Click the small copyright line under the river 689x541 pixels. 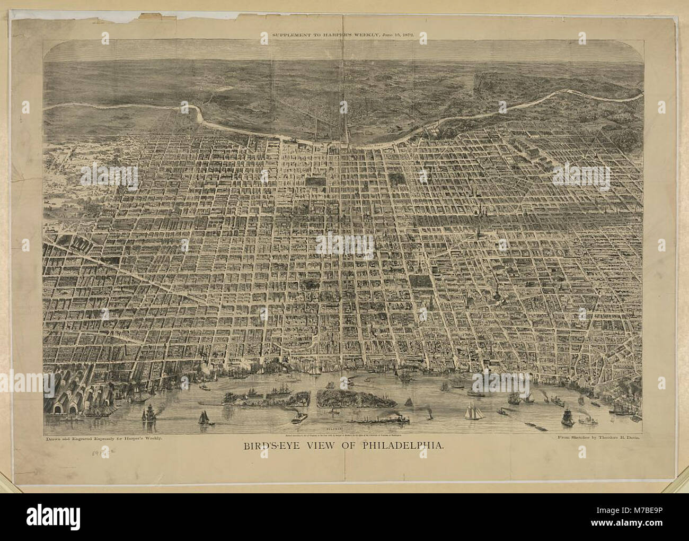(344, 434)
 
